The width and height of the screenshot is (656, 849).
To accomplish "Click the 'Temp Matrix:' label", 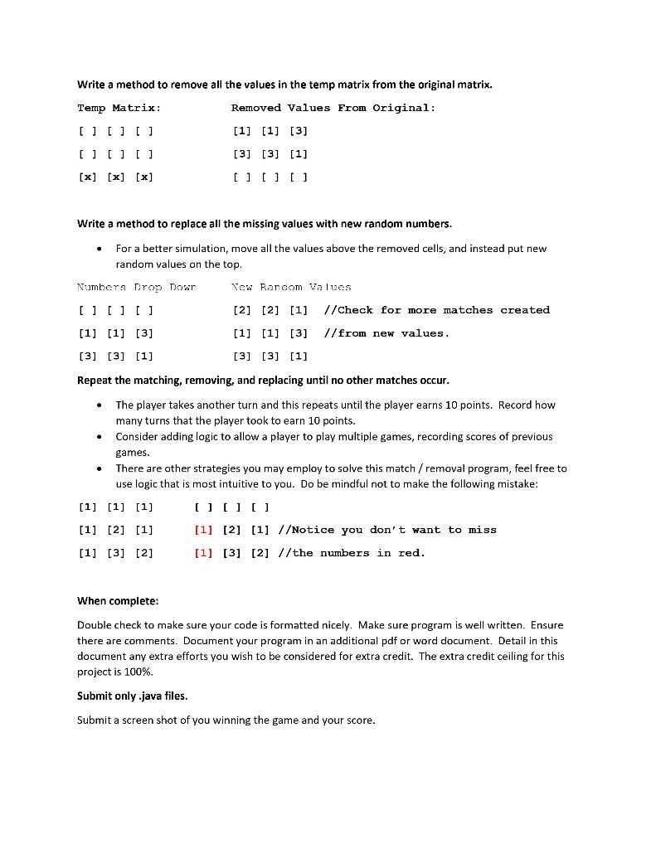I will [119, 108].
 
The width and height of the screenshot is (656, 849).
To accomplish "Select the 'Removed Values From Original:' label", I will [333, 108].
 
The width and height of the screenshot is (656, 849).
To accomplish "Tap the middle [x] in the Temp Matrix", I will [115, 177].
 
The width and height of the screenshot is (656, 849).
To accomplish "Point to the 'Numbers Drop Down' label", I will [136, 287].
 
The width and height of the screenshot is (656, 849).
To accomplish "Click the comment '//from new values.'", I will [386, 333].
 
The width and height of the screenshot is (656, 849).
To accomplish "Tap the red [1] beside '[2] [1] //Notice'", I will [202, 530].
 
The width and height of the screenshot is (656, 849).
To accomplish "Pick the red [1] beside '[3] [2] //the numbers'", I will [202, 553].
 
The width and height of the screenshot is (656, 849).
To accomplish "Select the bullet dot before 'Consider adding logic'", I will [100, 437].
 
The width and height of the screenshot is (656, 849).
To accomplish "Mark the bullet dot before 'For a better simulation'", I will [100, 249].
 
